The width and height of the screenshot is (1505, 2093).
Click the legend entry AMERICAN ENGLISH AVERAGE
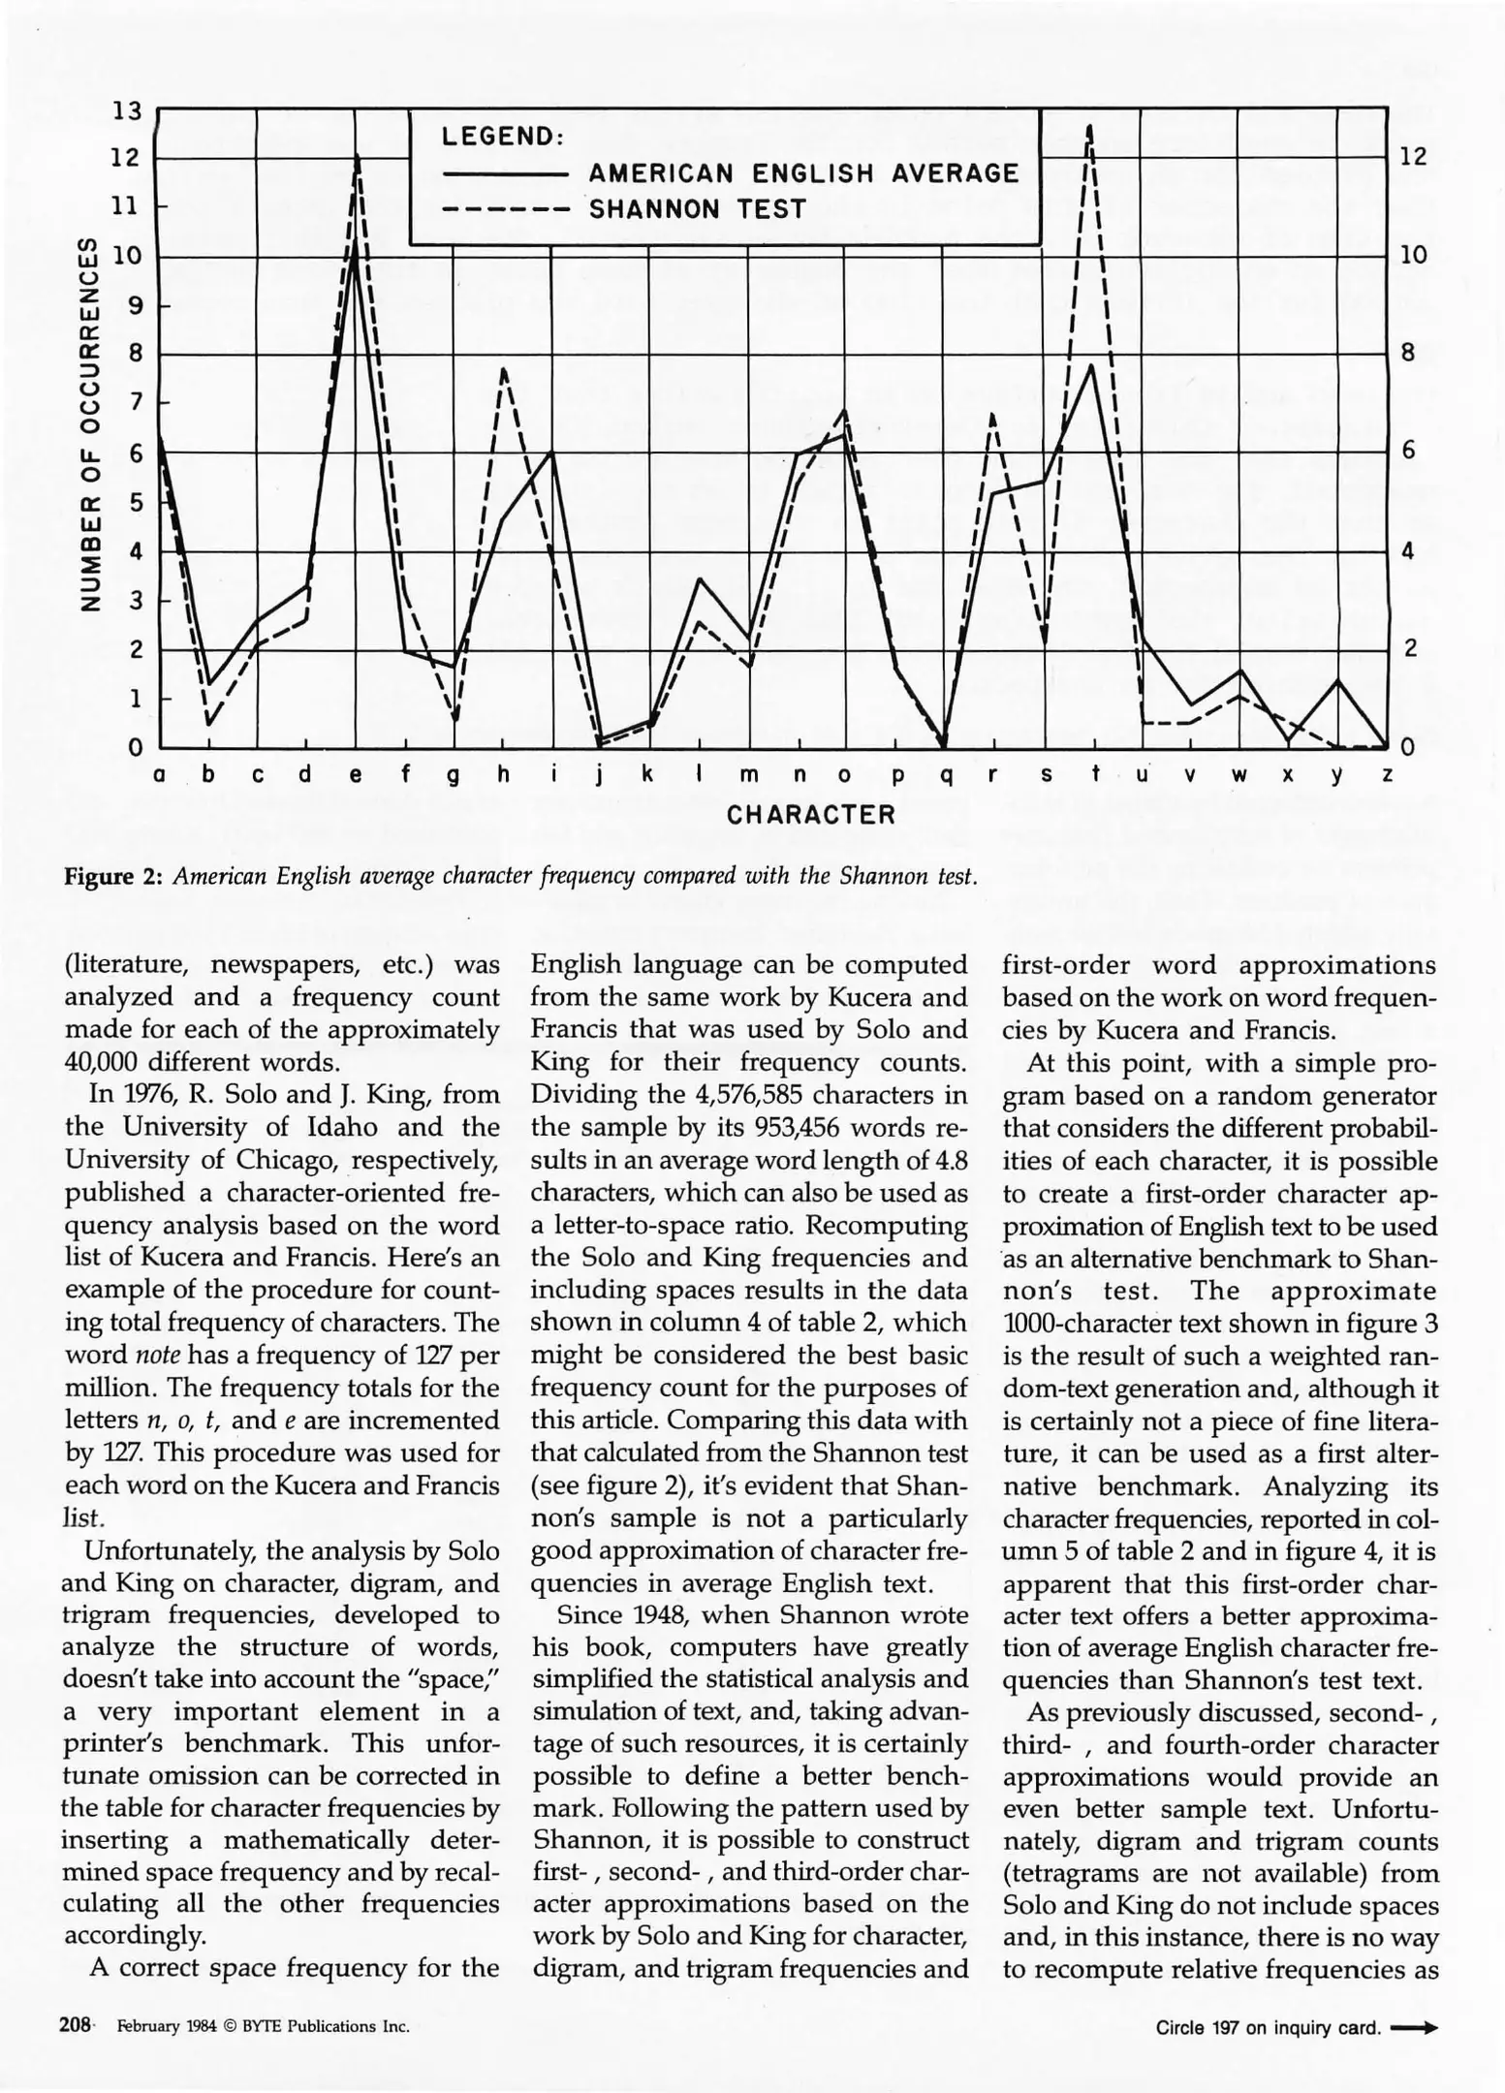[x=803, y=173]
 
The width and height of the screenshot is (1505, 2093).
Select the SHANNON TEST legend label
[x=698, y=209]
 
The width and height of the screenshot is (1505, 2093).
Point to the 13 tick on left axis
[x=127, y=111]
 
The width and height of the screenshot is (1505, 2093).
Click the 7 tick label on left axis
[x=136, y=402]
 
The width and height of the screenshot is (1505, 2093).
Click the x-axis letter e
[x=356, y=776]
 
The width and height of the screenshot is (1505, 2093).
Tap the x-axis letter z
[x=1387, y=776]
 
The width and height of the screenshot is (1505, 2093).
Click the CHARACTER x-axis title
[x=811, y=814]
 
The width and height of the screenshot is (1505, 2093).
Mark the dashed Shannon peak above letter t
[x=1090, y=128]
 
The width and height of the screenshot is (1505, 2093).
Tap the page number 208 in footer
[x=75, y=2025]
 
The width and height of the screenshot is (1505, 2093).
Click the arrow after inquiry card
[x=1413, y=2026]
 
